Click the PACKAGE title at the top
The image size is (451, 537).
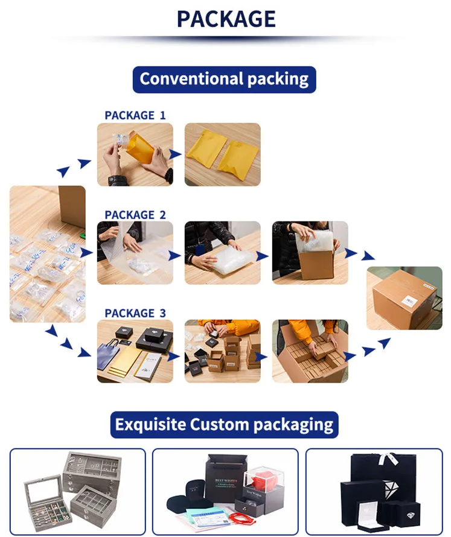click(226, 19)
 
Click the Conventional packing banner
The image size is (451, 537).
click(224, 79)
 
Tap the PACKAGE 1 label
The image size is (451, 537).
click(135, 115)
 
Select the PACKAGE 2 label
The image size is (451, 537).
click(135, 214)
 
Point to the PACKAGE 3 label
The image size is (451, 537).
click(135, 313)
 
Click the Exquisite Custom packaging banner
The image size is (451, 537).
click(224, 424)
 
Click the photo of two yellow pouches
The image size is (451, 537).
click(222, 154)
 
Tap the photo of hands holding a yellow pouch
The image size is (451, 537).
click(135, 154)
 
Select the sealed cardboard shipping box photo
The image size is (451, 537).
click(404, 297)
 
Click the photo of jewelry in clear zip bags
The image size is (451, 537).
click(47, 253)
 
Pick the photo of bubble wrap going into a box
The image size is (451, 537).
click(310, 253)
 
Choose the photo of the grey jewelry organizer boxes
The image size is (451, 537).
click(77, 492)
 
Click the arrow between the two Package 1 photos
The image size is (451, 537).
click(176, 154)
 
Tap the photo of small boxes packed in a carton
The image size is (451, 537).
click(310, 351)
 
